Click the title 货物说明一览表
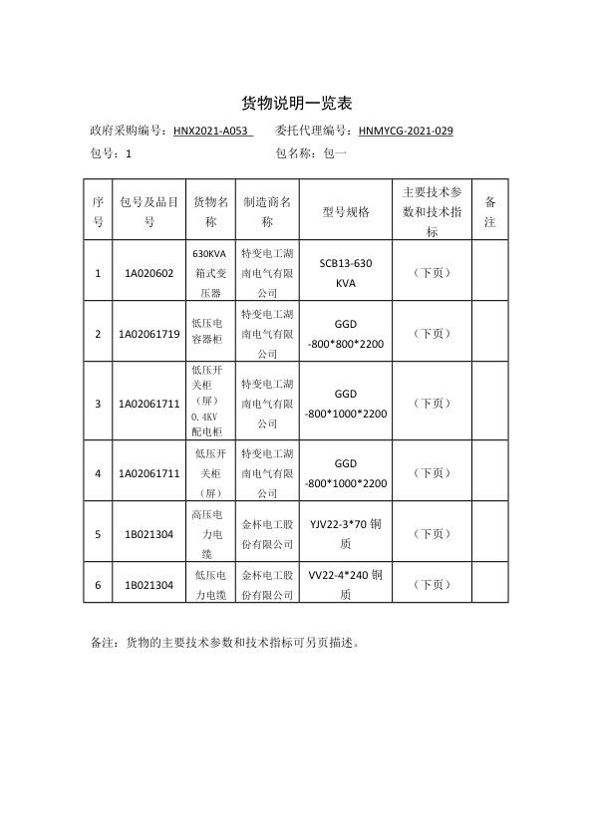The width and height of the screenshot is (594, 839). [x=297, y=104]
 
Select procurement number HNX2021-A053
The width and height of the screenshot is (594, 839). [x=212, y=131]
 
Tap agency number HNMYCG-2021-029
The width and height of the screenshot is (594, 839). [x=406, y=131]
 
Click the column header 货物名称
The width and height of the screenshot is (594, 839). [x=211, y=211]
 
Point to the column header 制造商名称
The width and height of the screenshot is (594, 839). [x=267, y=211]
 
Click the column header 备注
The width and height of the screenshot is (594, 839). [x=489, y=211]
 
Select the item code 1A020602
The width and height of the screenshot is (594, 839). [x=148, y=273]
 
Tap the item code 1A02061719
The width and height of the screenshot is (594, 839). [x=148, y=334]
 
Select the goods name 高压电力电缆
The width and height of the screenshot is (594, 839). [x=211, y=534]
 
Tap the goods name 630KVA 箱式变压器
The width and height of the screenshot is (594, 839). [x=211, y=273]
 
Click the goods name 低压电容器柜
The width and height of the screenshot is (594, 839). [x=211, y=334]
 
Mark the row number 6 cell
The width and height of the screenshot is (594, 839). [x=98, y=585]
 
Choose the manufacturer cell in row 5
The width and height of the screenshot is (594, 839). [x=267, y=534]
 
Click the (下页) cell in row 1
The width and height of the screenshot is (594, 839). [x=431, y=273]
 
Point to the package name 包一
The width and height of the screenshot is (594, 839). [x=336, y=154]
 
